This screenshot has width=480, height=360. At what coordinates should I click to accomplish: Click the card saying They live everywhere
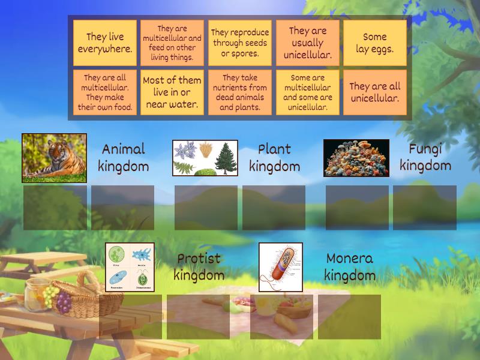point(105,43)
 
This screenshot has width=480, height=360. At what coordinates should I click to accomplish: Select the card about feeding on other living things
point(172,43)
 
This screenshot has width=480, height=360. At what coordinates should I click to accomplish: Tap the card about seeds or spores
point(239,43)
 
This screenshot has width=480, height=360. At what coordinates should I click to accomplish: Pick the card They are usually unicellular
point(307,43)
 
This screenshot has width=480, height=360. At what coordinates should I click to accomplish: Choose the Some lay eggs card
point(374,43)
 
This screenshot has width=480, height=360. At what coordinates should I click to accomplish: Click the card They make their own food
point(105,92)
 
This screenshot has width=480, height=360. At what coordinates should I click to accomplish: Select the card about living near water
point(172,92)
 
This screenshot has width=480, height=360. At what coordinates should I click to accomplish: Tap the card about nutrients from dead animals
point(239,92)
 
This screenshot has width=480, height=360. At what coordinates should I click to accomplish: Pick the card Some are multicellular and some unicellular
point(307,92)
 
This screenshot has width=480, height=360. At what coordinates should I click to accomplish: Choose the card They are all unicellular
point(374,92)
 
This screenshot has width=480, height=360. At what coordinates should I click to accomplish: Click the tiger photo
point(55,158)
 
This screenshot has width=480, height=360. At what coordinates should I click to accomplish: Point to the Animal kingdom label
point(123,158)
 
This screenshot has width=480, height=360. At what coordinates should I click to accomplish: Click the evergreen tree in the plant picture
point(224,157)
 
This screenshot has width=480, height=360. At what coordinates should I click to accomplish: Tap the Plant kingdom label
point(274,158)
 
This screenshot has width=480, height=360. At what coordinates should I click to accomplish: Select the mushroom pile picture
point(356,158)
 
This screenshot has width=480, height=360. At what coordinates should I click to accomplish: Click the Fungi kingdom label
point(425,157)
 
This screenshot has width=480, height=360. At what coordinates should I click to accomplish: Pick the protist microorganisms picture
point(130,267)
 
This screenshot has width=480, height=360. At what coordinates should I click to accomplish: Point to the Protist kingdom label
point(199,267)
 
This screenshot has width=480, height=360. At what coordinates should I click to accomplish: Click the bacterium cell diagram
point(281,267)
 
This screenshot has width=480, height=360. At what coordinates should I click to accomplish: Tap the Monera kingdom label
point(350,267)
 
